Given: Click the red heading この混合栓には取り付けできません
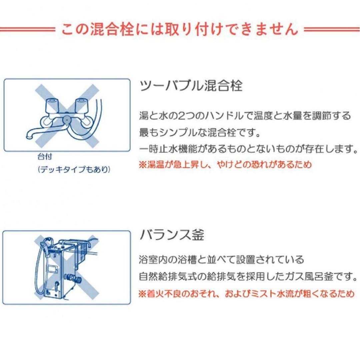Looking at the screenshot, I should (x=180, y=29).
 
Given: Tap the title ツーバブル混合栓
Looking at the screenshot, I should (x=190, y=86).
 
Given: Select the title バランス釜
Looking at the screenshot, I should (x=172, y=235).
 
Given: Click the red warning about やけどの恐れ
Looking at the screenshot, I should (x=225, y=164).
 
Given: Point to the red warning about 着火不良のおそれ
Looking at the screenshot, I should (x=246, y=294).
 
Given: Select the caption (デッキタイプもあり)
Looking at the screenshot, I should (x=73, y=170).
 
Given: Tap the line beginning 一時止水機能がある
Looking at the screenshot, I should (x=246, y=149).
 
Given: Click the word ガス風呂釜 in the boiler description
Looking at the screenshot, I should (x=312, y=276).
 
